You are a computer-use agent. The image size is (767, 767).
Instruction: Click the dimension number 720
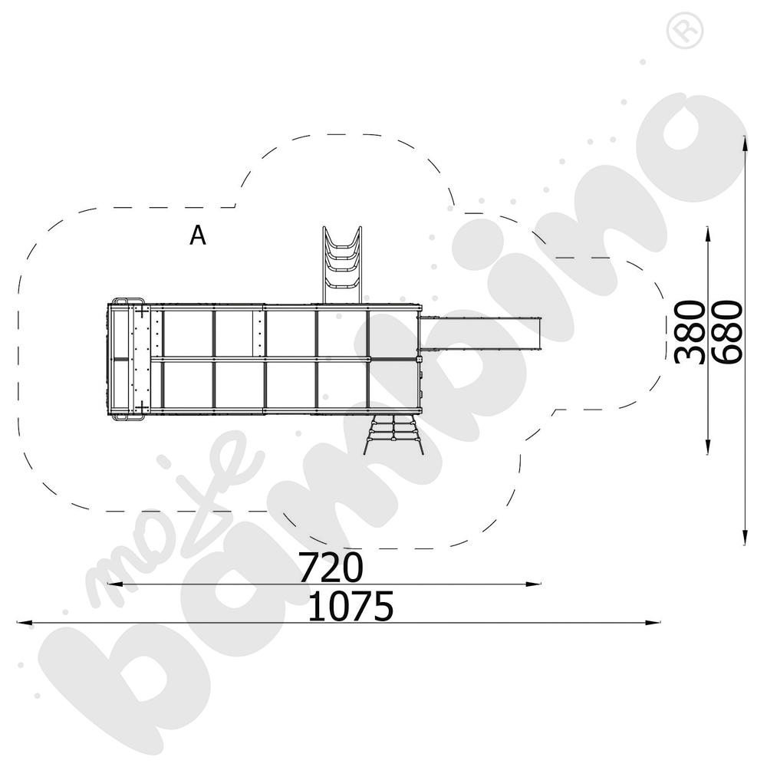(x=331, y=568)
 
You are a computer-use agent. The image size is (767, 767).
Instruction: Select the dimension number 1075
(x=351, y=606)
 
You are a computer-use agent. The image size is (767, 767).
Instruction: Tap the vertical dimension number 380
(x=690, y=332)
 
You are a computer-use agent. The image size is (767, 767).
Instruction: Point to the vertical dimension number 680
(x=727, y=332)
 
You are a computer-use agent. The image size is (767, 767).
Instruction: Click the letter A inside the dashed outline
(x=198, y=235)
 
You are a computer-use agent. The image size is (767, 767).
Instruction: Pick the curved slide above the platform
(x=342, y=265)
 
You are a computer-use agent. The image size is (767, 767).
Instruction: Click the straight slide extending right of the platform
(x=480, y=334)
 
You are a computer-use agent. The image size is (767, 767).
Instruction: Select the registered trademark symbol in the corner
(x=685, y=31)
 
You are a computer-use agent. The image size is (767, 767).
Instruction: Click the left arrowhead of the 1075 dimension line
(x=25, y=623)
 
